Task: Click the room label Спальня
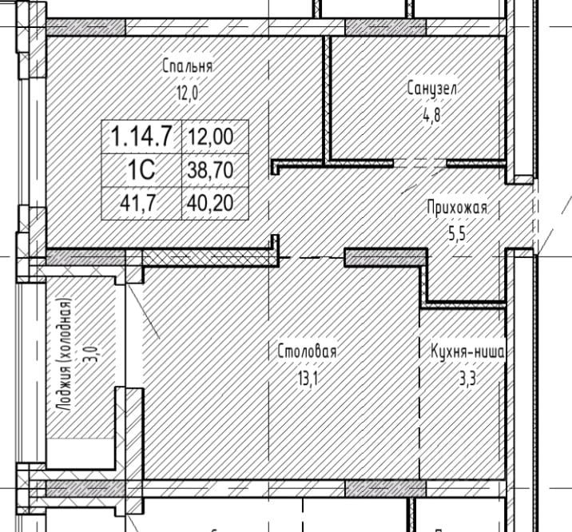coord(187,66)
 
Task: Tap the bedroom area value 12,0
coord(188,93)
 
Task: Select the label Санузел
coord(432,88)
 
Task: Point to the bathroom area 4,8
coord(432,115)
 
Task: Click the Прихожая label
coord(457,208)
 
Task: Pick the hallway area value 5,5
coord(457,234)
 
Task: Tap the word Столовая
coord(307,352)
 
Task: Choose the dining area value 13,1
coord(308,379)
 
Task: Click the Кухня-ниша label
coord(468,352)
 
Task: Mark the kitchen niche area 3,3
coord(467,379)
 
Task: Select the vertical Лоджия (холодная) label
coord(65,355)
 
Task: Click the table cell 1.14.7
coord(141,137)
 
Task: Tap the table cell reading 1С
coord(141,170)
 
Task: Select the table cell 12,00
coord(215,137)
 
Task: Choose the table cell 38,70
coord(215,170)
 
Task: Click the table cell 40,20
coord(215,203)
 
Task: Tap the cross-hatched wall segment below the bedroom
coord(208,258)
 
